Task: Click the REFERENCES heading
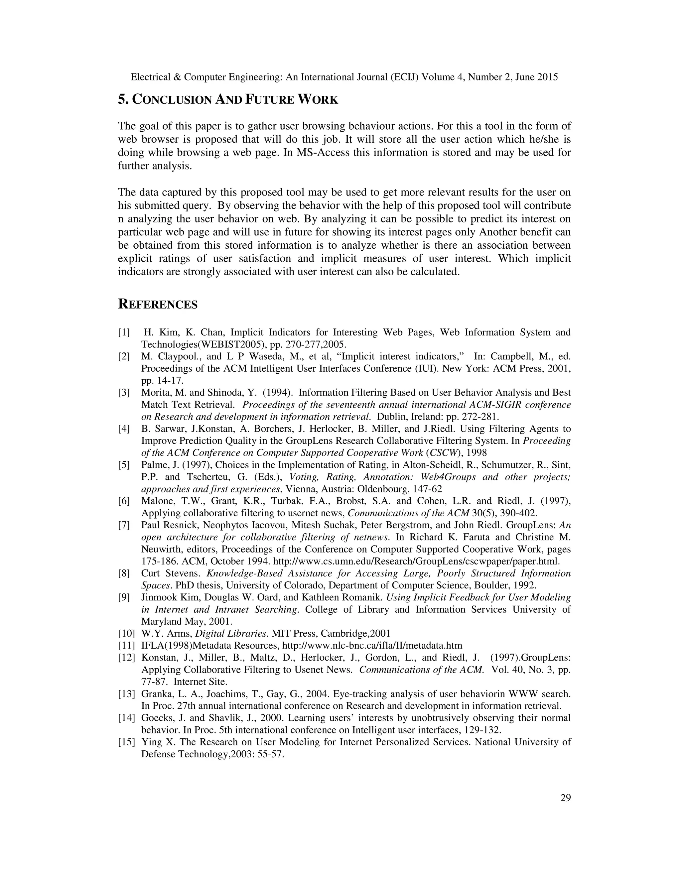157,305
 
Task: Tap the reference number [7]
124,525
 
